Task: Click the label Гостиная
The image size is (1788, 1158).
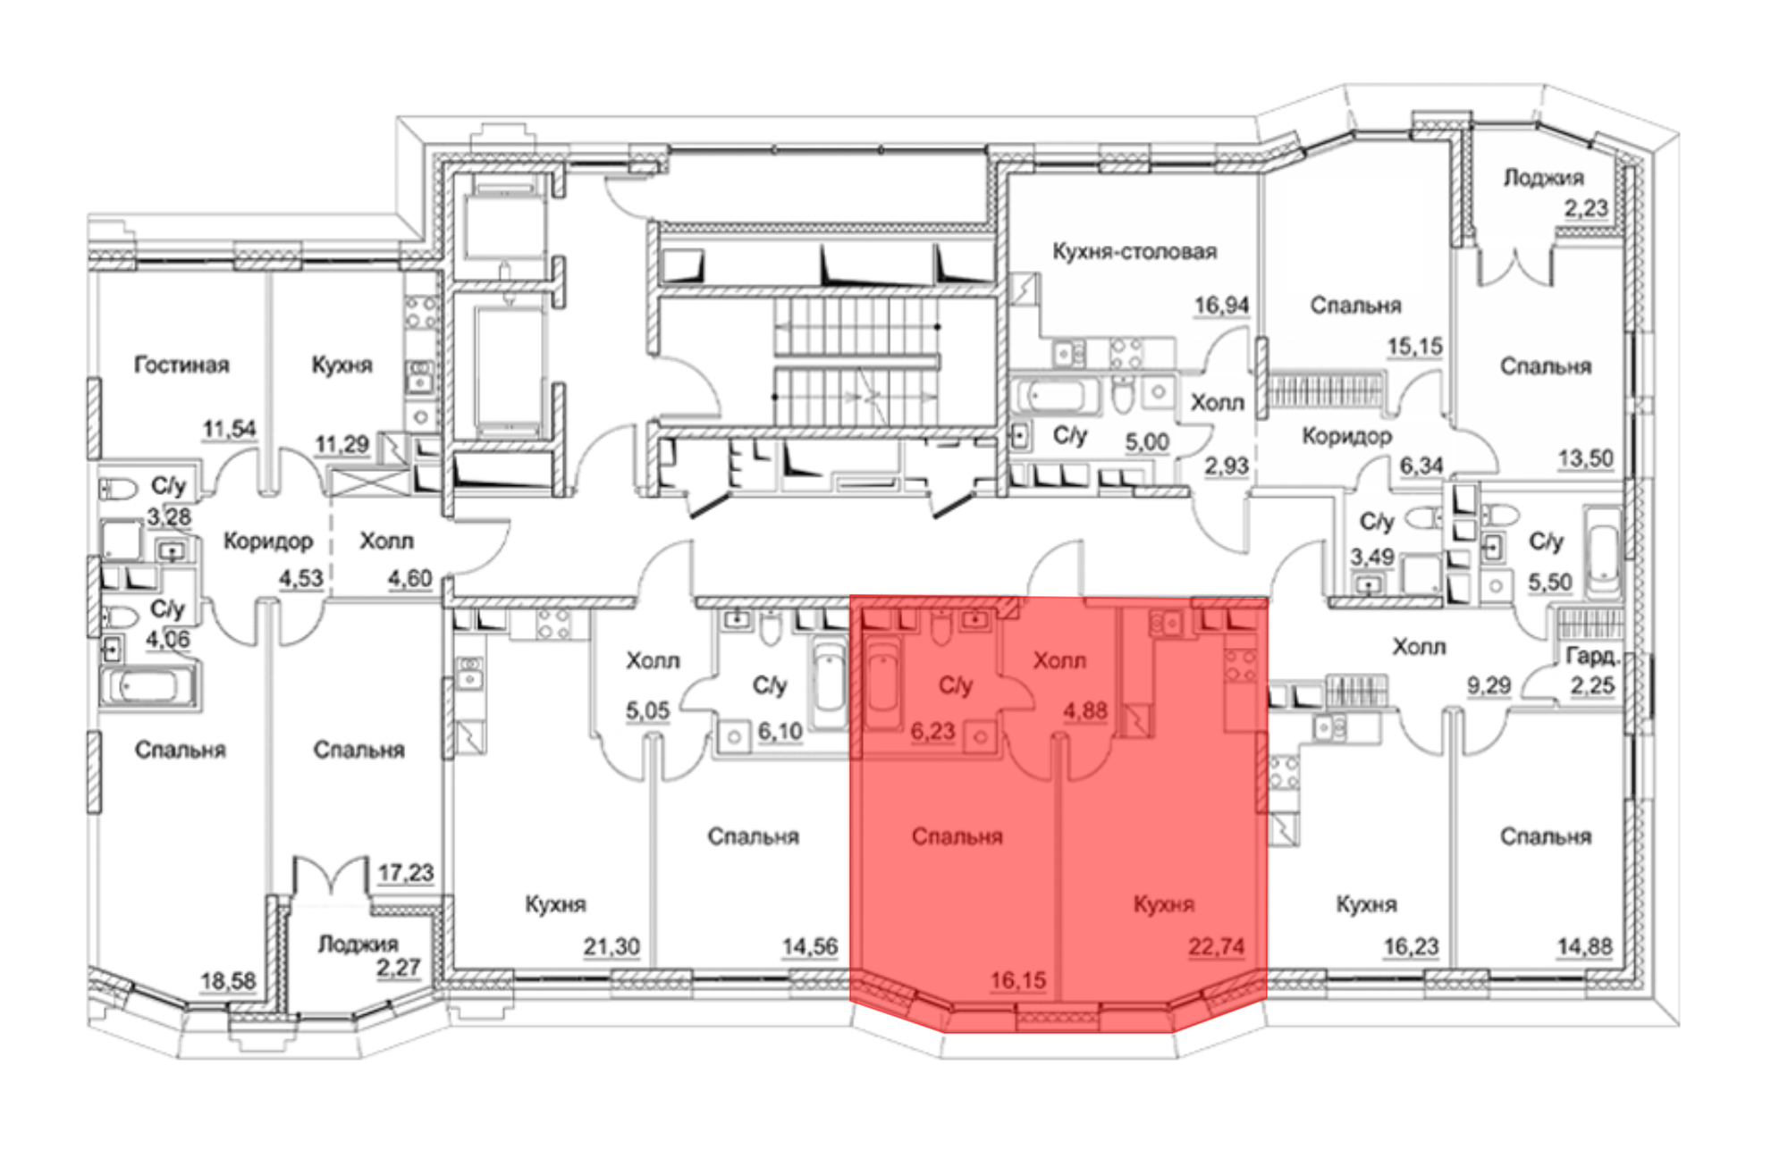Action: pyautogui.click(x=181, y=365)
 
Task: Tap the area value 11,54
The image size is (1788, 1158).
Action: pyautogui.click(x=229, y=429)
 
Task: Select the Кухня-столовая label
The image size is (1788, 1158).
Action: pyautogui.click(x=1134, y=251)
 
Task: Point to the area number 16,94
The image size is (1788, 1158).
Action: pyautogui.click(x=1221, y=306)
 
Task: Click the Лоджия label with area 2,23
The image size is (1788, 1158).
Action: pyautogui.click(x=1543, y=178)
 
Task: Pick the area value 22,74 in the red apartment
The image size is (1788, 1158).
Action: pyautogui.click(x=1216, y=946)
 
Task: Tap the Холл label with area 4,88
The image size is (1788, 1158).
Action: pyautogui.click(x=1059, y=660)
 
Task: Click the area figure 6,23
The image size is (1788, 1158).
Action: pyautogui.click(x=932, y=732)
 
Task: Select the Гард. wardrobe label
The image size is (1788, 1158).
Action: pyautogui.click(x=1592, y=657)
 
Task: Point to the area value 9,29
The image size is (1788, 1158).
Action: pyautogui.click(x=1489, y=685)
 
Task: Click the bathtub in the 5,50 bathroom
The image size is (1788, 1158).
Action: pyautogui.click(x=1603, y=551)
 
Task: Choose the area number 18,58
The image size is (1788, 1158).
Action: pyautogui.click(x=227, y=981)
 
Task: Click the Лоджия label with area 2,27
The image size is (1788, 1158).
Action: pyautogui.click(x=358, y=944)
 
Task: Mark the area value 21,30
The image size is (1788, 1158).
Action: pyautogui.click(x=611, y=946)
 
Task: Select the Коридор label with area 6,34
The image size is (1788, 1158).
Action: pyautogui.click(x=1346, y=436)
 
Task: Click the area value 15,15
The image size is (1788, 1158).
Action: pyautogui.click(x=1414, y=346)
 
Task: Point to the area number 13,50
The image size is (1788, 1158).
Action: pyautogui.click(x=1586, y=458)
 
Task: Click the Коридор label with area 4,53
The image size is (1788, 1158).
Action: pyautogui.click(x=268, y=541)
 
